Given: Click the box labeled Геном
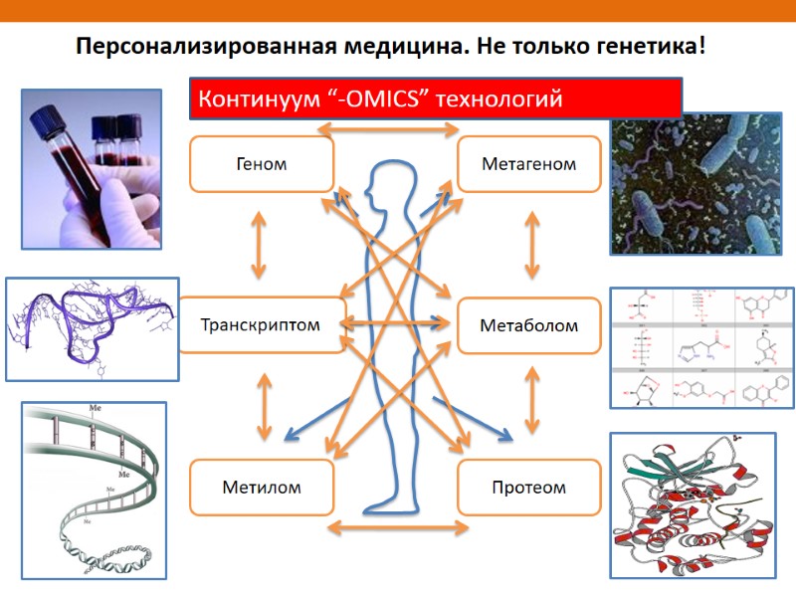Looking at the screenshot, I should (262, 164).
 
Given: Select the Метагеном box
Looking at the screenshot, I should (528, 164).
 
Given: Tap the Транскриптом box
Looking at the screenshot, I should (261, 324).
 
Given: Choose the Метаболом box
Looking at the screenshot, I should (528, 325).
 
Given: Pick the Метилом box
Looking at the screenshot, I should (262, 487).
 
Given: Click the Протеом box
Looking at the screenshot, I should (528, 487).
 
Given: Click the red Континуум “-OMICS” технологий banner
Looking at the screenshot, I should (435, 99).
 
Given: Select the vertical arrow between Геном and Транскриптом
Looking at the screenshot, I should (260, 244).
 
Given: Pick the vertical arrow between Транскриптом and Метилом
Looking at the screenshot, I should (264, 406).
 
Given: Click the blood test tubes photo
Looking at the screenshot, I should (92, 169).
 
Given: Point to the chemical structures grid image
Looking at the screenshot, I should (702, 348).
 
